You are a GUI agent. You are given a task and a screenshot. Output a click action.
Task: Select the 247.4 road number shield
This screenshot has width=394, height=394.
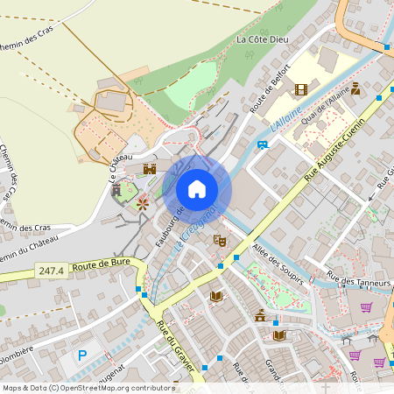(52, 272)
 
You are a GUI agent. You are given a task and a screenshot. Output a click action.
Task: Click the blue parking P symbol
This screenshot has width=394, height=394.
(83, 355)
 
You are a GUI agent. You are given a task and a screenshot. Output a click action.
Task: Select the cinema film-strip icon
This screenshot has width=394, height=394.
(301, 89)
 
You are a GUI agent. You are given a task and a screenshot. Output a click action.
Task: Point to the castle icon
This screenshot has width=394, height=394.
(150, 168)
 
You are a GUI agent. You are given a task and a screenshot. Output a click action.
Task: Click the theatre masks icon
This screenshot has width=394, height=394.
(220, 240)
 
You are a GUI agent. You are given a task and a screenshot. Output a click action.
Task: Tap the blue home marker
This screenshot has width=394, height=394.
(197, 189)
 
